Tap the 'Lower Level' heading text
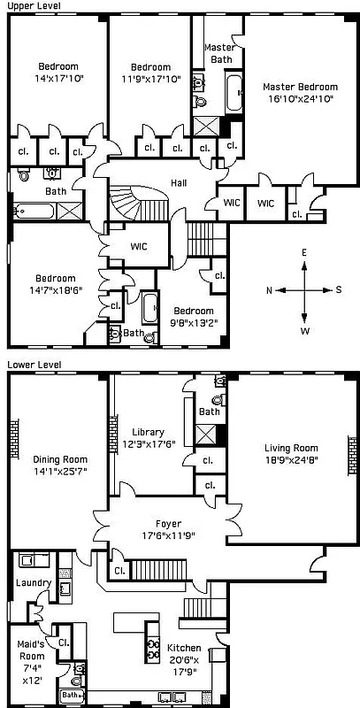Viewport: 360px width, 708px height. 29,364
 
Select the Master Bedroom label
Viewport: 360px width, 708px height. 300,87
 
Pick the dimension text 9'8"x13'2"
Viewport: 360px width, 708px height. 193,323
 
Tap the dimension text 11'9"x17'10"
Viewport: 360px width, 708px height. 149,79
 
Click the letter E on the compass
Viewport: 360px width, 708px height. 304,253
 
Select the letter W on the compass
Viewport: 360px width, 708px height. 304,331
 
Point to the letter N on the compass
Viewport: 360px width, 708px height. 269,290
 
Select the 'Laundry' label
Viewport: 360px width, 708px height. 33,582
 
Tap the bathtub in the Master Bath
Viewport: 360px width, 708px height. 234,93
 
